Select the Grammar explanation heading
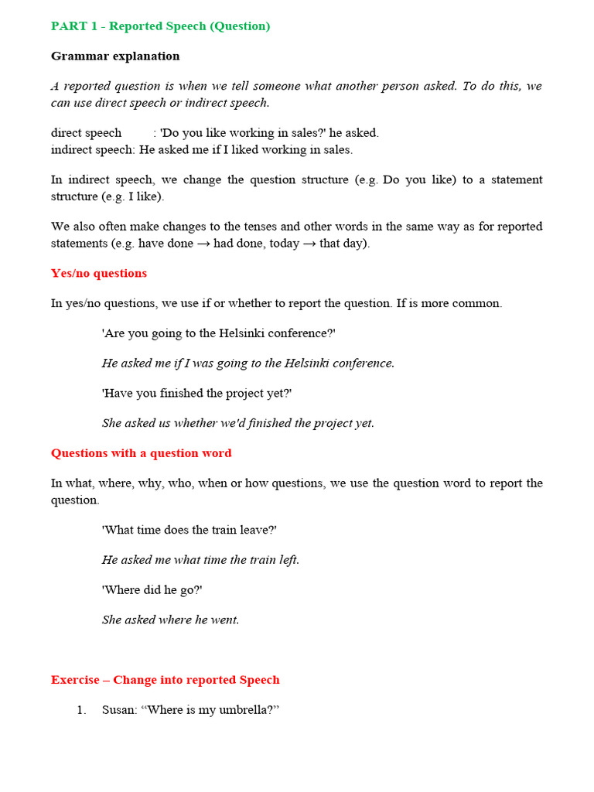[115, 56]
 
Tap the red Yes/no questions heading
[99, 273]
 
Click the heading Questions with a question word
[141, 453]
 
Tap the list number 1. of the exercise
[81, 710]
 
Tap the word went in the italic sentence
[225, 620]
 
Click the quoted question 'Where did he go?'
[152, 589]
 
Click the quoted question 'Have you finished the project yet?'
[196, 393]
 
